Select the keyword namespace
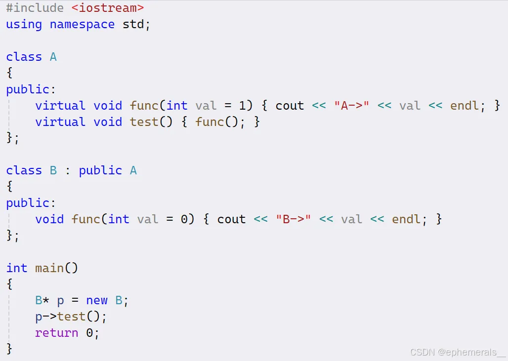click(x=82, y=25)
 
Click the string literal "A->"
click(x=352, y=106)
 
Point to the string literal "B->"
click(x=294, y=219)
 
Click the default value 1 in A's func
click(x=242, y=106)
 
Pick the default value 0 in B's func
click(x=184, y=219)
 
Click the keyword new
click(x=97, y=300)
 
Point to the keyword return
click(x=57, y=333)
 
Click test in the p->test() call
click(x=72, y=317)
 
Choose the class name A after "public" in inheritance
click(x=133, y=170)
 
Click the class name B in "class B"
click(x=53, y=170)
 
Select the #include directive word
click(x=35, y=8)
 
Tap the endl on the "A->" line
click(x=465, y=106)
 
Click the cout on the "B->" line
click(x=231, y=219)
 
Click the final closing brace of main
click(x=9, y=349)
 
